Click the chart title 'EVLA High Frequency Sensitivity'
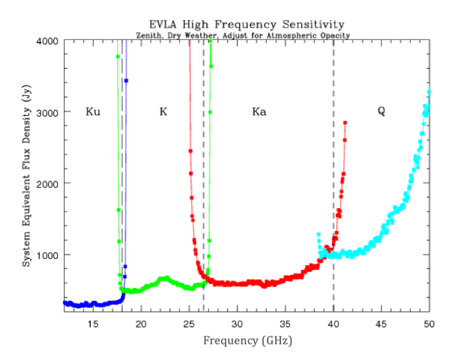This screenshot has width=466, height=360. click(247, 25)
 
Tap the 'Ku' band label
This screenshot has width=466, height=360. click(93, 112)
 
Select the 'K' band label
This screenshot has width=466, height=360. click(163, 112)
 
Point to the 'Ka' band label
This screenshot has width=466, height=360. click(259, 112)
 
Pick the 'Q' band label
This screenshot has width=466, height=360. click(382, 111)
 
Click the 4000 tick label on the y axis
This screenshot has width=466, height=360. click(48, 41)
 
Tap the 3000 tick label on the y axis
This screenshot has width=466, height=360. click(48, 112)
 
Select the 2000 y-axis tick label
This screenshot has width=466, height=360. click(48, 184)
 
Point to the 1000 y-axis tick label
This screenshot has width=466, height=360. click(48, 255)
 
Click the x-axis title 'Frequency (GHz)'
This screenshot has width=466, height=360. click(247, 339)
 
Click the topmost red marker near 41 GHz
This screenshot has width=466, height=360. click(345, 122)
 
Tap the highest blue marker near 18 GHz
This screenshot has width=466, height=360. click(126, 81)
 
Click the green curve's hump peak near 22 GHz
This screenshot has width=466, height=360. click(166, 278)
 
